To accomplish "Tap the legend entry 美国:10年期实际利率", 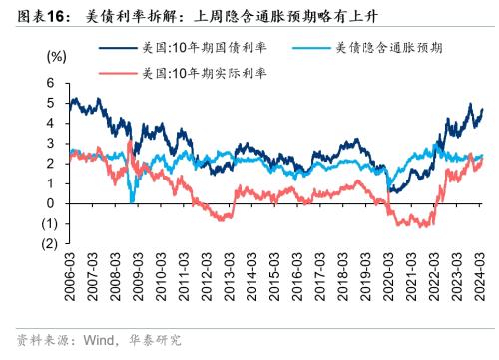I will tap(192, 73).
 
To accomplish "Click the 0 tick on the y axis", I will tap(49, 203).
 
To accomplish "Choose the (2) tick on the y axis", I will tap(46, 243).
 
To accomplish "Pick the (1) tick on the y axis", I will tap(46, 223).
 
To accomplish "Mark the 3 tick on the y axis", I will tap(49, 144).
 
